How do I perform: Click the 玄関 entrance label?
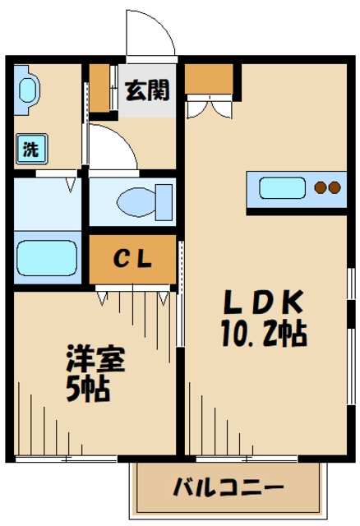coord(147,90)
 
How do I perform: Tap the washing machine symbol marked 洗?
coord(31,149)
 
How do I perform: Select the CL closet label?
coord(132,259)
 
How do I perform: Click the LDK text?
coord(264,302)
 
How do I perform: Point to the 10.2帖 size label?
coord(264,334)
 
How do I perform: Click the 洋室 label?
coord(95,358)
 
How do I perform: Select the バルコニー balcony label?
coord(228,487)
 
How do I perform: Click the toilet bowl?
coord(136,202)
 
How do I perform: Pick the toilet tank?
coord(164,202)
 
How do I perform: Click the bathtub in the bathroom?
coord(47,257)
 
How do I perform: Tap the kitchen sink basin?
coord(282,187)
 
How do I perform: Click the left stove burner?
coord(321,187)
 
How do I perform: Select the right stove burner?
coord(335,187)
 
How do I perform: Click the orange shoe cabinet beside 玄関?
coord(99,88)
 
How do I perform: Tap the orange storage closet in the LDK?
coord(209,79)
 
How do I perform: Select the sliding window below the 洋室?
coord(66,459)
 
